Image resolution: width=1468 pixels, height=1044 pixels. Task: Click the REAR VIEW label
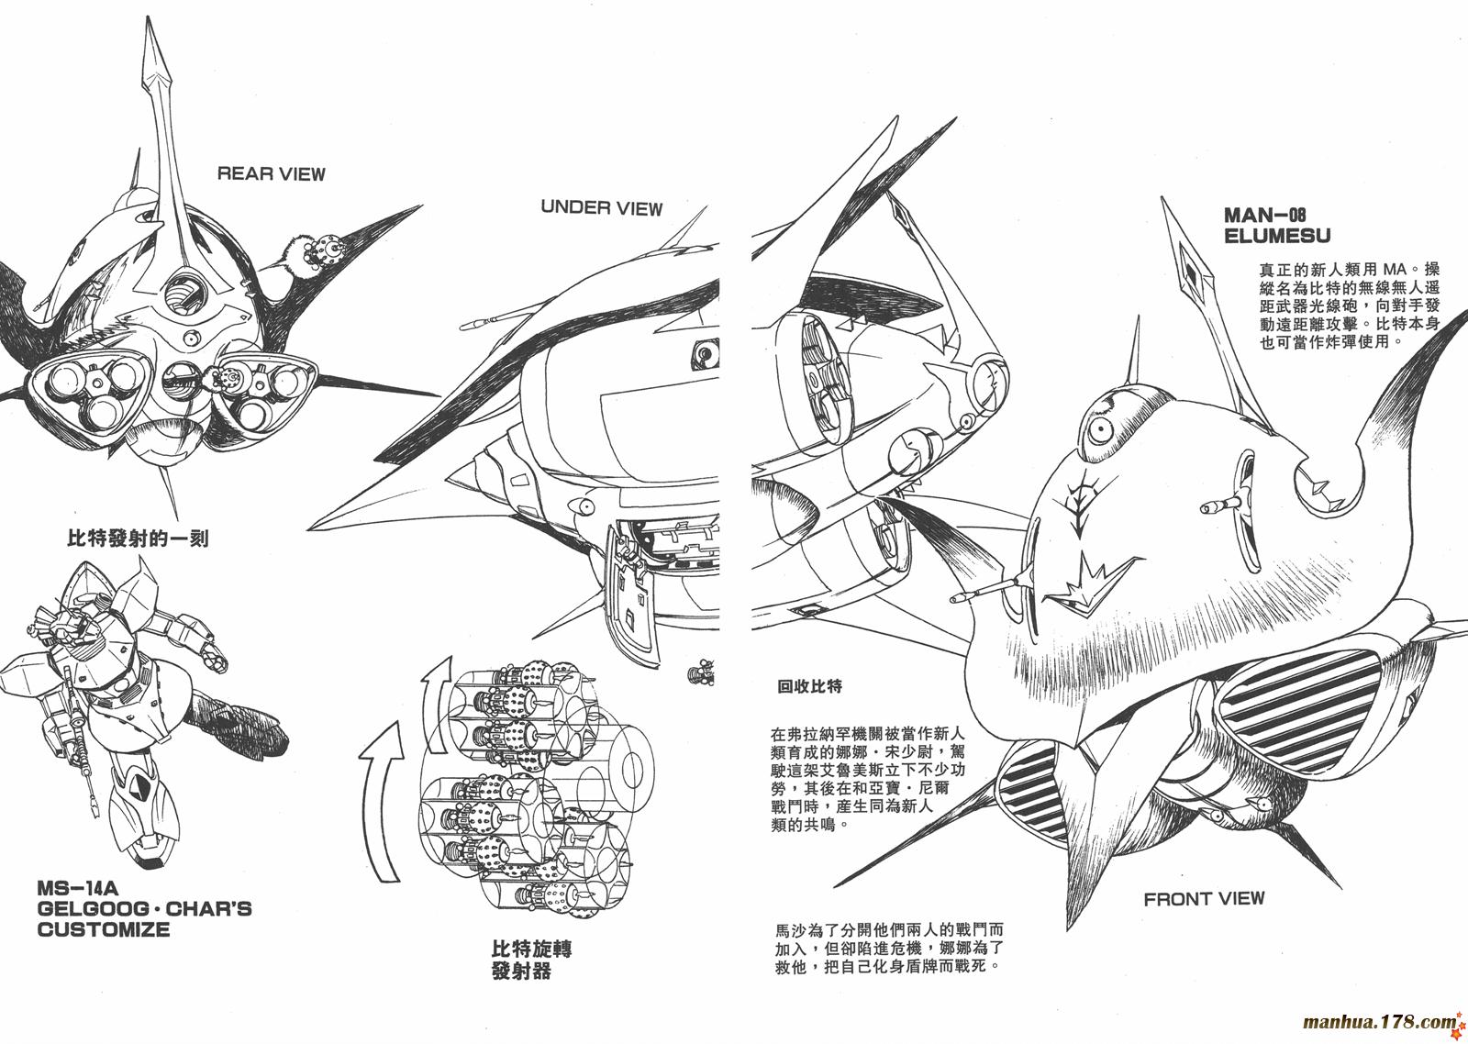[x=271, y=173]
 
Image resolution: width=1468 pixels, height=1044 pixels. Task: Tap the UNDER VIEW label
[x=602, y=207]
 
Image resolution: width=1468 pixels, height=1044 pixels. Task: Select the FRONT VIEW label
[x=1204, y=898]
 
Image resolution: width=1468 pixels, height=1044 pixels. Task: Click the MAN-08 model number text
[x=1265, y=215]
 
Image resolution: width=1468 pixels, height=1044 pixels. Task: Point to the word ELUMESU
[x=1277, y=236]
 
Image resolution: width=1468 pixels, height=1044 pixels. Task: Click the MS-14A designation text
[x=77, y=889]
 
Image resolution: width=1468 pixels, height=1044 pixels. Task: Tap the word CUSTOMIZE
[x=104, y=929]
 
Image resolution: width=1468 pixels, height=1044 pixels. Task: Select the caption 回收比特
[x=809, y=686]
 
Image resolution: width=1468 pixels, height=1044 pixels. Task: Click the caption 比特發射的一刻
[x=138, y=539]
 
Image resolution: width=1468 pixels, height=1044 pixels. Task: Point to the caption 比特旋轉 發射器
[x=531, y=960]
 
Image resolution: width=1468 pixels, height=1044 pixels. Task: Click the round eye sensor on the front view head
[x=1100, y=430]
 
